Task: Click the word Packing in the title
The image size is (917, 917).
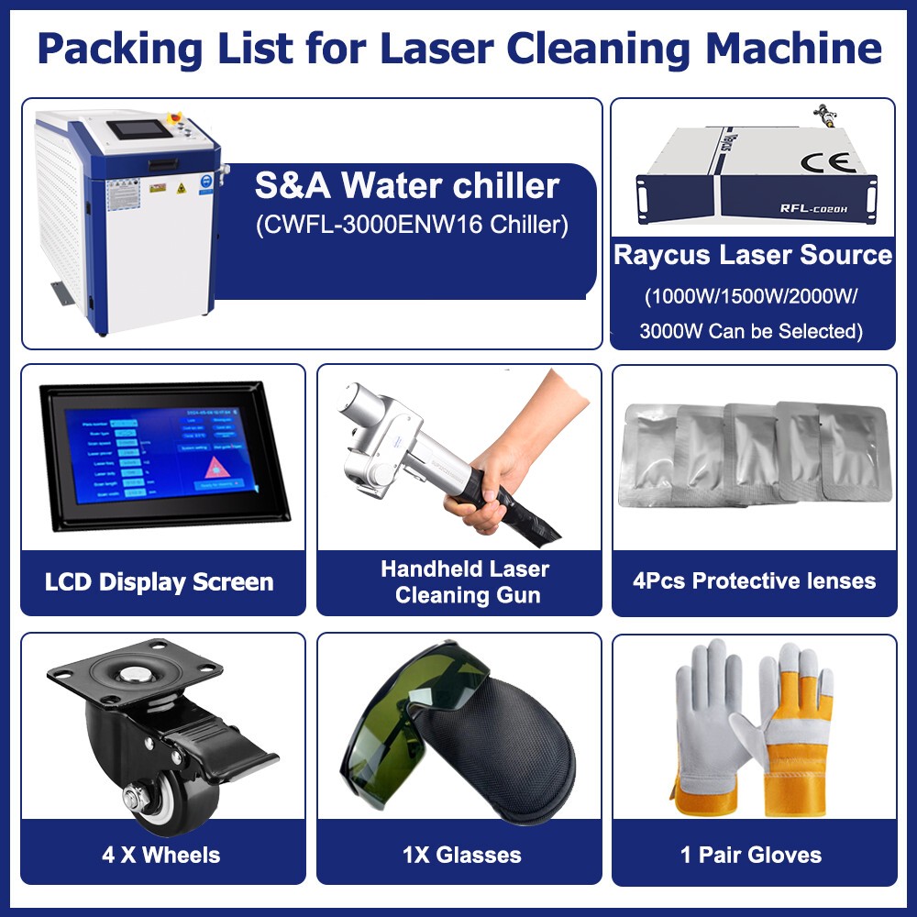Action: point(113,49)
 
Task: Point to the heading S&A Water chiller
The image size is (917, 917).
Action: point(406,186)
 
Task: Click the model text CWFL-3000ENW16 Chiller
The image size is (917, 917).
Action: point(411,225)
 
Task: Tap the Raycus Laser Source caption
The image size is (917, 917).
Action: point(753,255)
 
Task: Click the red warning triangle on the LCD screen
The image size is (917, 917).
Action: point(218,465)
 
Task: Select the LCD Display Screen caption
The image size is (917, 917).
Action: point(160,582)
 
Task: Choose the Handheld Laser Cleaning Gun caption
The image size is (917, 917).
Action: point(465,581)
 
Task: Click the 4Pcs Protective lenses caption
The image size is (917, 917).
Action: point(754,580)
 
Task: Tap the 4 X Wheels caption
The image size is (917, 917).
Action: point(161,856)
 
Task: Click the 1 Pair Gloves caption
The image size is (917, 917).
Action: point(751,856)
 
